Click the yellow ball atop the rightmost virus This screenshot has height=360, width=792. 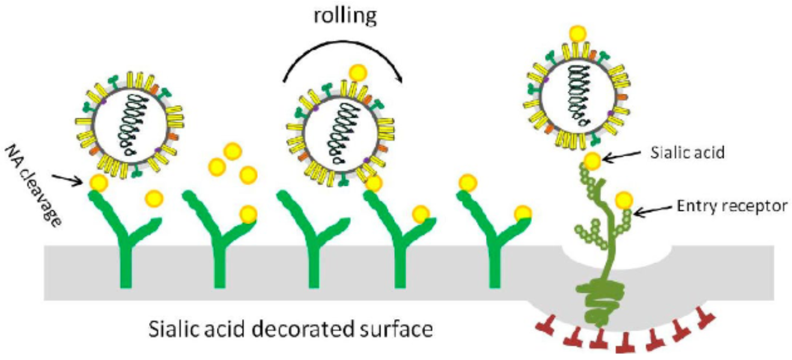[579, 34]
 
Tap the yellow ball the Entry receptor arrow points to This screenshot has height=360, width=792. [624, 199]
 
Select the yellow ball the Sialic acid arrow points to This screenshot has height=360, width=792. [592, 161]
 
